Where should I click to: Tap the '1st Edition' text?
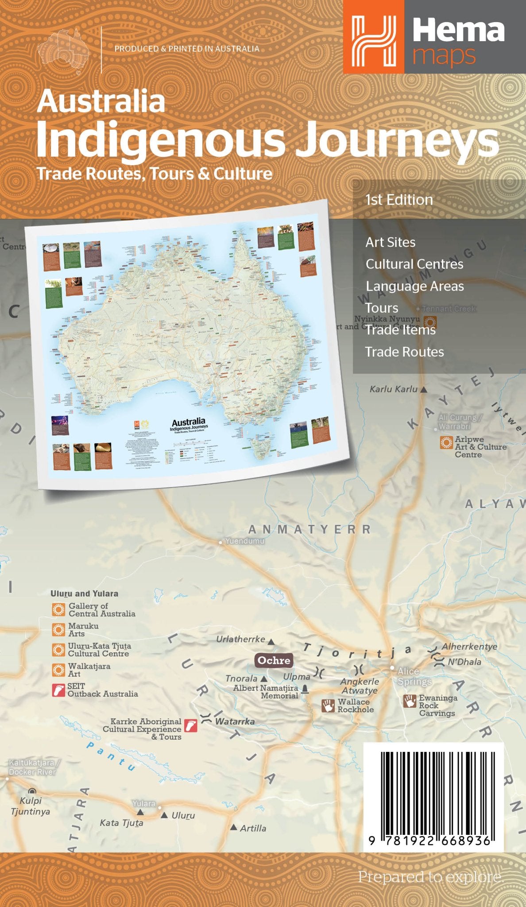[399, 200]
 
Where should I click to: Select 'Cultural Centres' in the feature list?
[414, 264]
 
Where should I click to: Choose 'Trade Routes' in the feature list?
[404, 352]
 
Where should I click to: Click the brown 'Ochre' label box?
[274, 660]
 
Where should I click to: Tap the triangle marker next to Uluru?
[164, 815]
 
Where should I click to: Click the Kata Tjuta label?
[121, 823]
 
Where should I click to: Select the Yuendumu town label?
[244, 541]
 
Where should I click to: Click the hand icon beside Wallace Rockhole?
[328, 705]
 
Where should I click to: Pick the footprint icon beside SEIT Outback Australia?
[58, 690]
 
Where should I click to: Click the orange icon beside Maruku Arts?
[58, 630]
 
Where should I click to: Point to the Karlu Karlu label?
[394, 389]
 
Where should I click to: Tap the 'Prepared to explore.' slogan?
[430, 877]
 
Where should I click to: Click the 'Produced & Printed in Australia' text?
[187, 49]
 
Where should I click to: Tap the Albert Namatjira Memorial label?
[266, 692]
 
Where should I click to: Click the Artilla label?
[253, 828]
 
